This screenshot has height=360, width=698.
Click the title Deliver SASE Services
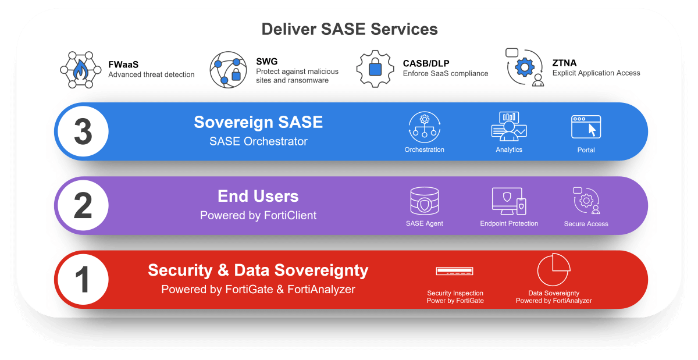[349, 28]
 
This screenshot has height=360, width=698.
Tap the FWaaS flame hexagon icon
[77, 69]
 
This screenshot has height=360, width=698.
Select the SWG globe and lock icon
[229, 69]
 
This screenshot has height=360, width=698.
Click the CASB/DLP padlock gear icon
[375, 69]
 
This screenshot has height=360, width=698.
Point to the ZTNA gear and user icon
[525, 68]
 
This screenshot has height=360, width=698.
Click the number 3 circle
[83, 131]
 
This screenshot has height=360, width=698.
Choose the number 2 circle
[83, 205]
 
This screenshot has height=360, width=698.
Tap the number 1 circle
[83, 280]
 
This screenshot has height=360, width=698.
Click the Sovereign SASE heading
[258, 122]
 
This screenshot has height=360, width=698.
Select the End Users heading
[258, 196]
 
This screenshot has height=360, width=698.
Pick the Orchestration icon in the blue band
[424, 127]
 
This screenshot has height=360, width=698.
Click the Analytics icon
[509, 126]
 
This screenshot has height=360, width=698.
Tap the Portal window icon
[586, 126]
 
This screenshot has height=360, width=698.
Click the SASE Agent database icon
[424, 201]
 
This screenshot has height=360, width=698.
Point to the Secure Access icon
[586, 201]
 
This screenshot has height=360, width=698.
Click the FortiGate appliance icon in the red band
[454, 271]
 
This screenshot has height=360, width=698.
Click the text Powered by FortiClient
[258, 215]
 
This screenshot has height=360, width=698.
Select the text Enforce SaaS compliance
[446, 74]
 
